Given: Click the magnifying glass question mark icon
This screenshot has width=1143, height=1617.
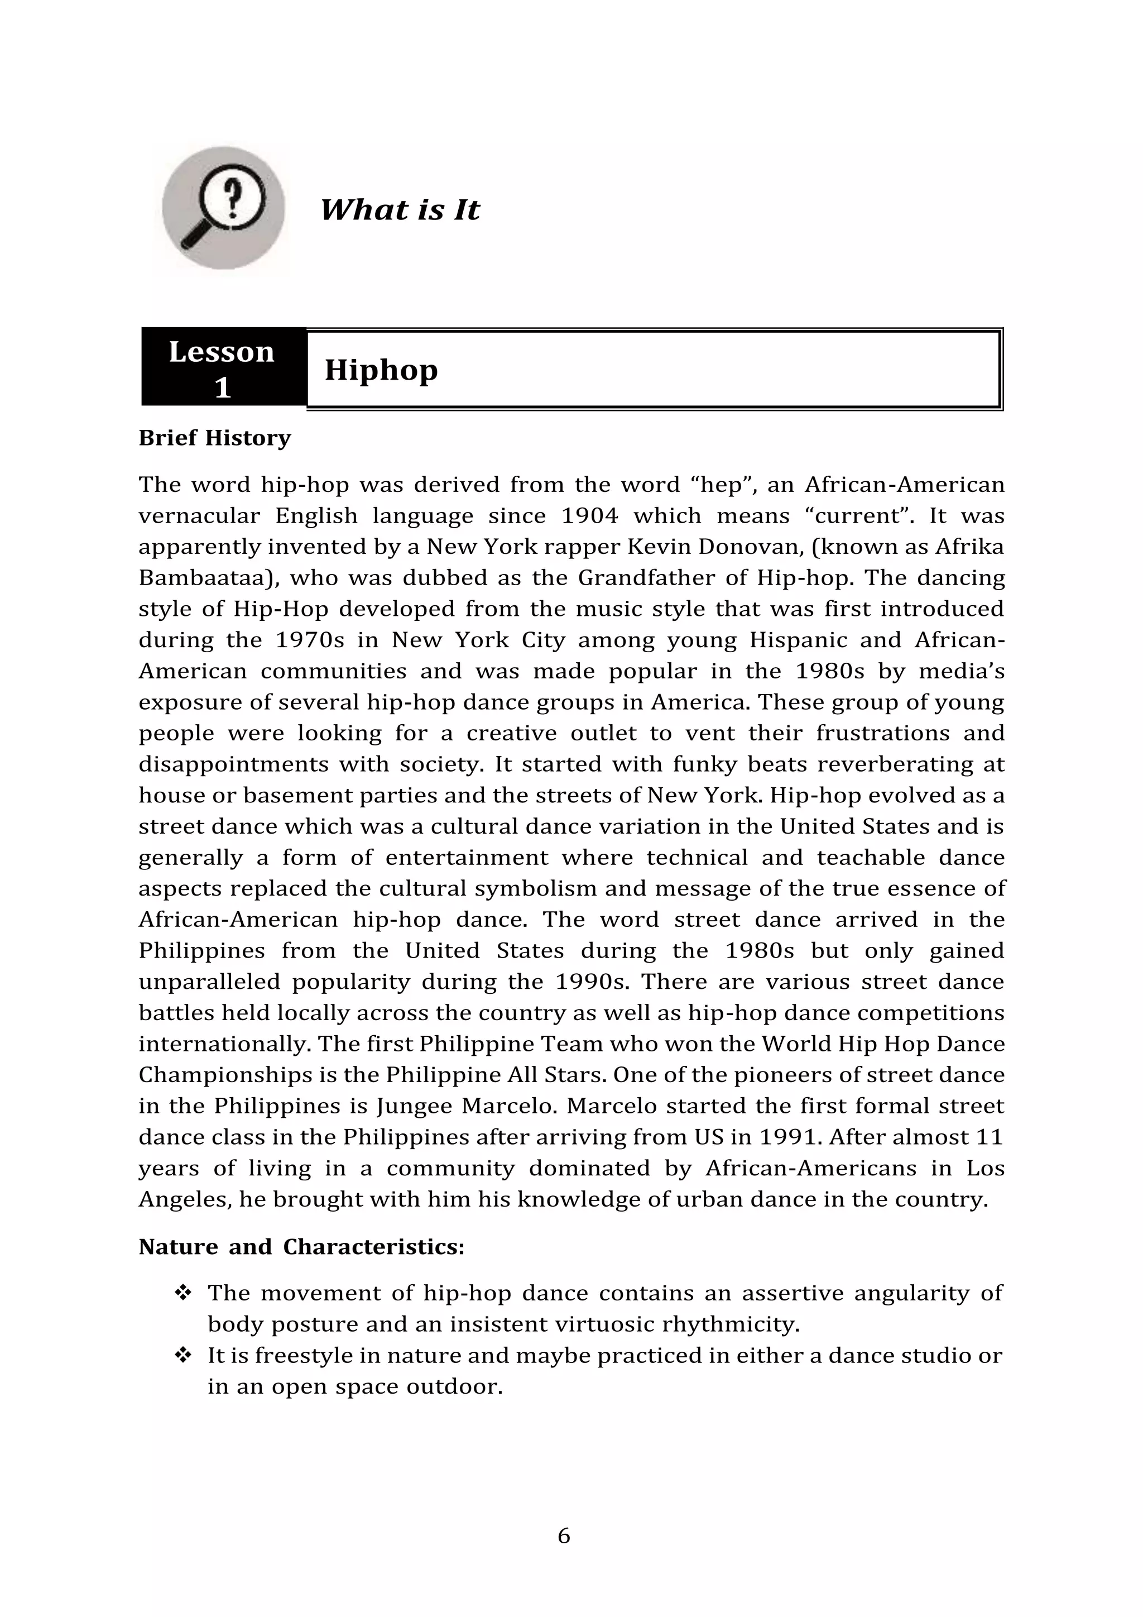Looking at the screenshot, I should coord(223,208).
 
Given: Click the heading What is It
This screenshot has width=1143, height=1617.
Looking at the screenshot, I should coord(399,210).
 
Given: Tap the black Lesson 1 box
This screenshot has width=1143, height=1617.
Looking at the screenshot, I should coord(223,367).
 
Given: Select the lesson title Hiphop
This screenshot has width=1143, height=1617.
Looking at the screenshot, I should coord(381,369).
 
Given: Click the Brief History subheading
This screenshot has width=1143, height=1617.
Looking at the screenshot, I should coord(215,438).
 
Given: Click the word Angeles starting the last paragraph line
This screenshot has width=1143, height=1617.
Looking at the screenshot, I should coord(184,1199).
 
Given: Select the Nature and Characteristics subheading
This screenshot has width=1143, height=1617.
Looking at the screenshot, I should coord(301,1247).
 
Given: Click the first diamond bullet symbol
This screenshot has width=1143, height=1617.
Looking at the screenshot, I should coord(183,1293).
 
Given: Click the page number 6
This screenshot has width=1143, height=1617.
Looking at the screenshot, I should coord(564,1537).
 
